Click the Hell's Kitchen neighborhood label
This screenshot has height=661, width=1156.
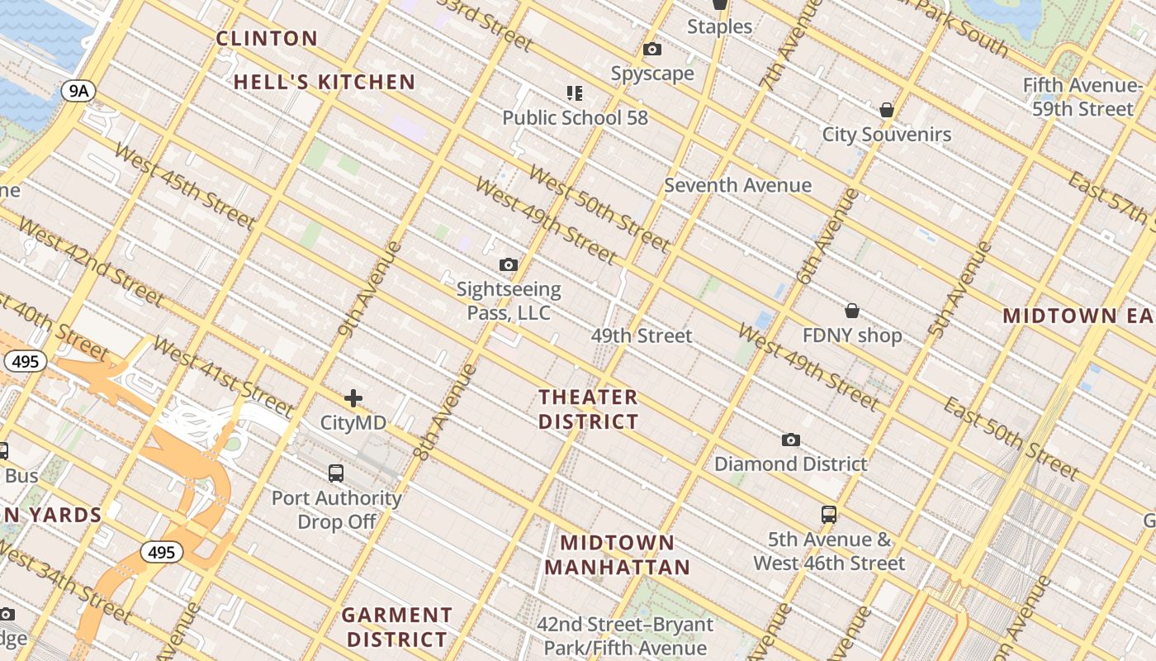324,82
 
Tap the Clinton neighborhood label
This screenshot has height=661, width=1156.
267,38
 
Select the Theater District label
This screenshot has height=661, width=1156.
588,409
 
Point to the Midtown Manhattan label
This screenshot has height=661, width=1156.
617,554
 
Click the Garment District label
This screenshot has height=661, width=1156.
397,627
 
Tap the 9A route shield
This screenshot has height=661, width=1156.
78,91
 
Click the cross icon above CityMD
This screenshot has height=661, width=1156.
353,398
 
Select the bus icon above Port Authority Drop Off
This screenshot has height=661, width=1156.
336,473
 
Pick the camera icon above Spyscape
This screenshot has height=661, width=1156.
652,50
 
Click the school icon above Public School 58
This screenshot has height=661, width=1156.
575,93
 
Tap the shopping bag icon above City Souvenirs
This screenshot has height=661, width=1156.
887,110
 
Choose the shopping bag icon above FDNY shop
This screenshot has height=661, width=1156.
852,311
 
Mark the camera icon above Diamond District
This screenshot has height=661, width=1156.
791,440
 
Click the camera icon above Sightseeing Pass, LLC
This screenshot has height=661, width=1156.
509,265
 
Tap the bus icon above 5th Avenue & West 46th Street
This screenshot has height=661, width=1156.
829,515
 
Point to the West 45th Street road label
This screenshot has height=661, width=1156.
183,186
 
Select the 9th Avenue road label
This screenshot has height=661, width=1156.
369,289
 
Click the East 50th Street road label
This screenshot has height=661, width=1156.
1011,439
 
